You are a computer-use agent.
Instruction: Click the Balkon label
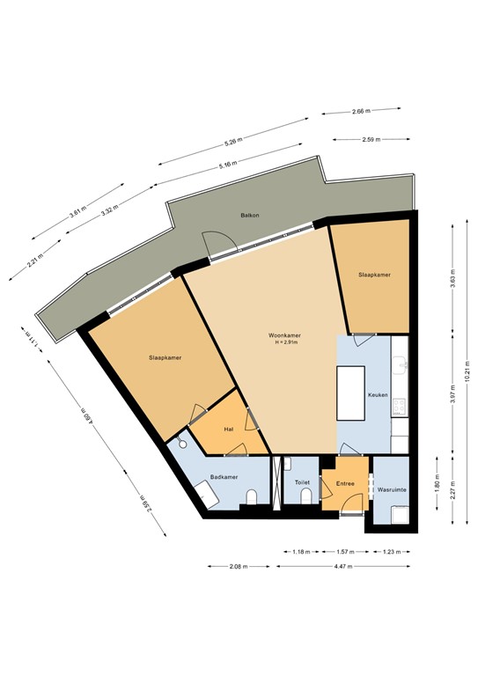click(x=249, y=215)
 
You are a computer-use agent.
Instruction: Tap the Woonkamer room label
click(x=285, y=335)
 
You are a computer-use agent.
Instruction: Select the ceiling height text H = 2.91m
click(x=285, y=343)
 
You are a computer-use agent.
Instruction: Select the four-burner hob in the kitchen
click(x=400, y=406)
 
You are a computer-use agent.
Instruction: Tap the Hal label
click(x=228, y=429)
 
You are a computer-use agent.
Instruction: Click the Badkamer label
click(x=223, y=477)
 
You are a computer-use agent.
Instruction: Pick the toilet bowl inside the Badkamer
click(x=252, y=499)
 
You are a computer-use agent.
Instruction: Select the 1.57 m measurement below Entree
click(x=344, y=552)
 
